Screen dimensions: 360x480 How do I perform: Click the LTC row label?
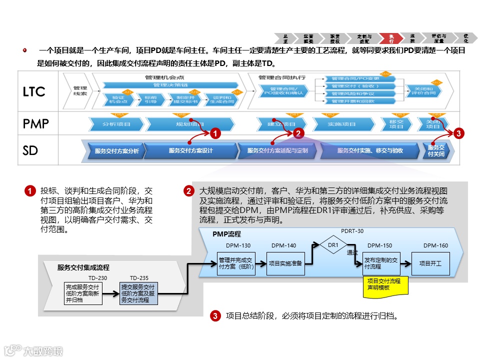[33, 91]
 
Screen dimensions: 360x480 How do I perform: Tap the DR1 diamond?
[333, 245]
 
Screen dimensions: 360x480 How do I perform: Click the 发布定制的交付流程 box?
[381, 263]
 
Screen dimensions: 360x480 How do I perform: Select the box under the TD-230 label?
[83, 293]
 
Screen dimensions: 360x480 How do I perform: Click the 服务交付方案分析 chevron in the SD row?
[116, 150]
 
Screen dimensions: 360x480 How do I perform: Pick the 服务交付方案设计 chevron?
[191, 150]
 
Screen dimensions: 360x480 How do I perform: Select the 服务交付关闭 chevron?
[436, 150]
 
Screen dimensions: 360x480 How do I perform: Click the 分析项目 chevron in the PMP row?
[116, 123]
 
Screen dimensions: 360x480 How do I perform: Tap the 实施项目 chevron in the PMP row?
[341, 123]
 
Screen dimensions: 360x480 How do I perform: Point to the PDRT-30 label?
[352, 231]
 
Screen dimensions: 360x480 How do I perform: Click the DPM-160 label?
[435, 245]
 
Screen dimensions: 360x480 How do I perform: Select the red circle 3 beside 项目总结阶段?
[215, 315]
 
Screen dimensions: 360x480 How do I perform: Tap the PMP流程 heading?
[226, 234]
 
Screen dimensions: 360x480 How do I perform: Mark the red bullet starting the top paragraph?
[24, 50]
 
